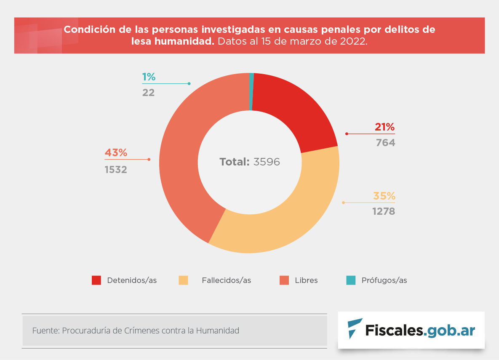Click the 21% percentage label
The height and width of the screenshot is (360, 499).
[385, 127]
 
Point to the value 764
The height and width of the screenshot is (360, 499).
[386, 143]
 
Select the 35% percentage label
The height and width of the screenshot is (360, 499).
[384, 196]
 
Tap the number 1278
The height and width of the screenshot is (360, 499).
[384, 211]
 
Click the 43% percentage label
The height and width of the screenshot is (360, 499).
[116, 153]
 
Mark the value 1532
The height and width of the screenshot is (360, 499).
[116, 170]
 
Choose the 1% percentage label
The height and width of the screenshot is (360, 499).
[149, 77]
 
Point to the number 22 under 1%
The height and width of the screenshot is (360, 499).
[148, 92]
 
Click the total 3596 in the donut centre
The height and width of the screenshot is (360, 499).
[267, 162]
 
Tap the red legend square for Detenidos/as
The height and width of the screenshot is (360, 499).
[96, 280]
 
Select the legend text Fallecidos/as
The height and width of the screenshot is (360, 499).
[226, 280]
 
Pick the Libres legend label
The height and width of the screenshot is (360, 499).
[306, 280]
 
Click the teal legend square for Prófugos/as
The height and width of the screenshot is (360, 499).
[351, 280]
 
